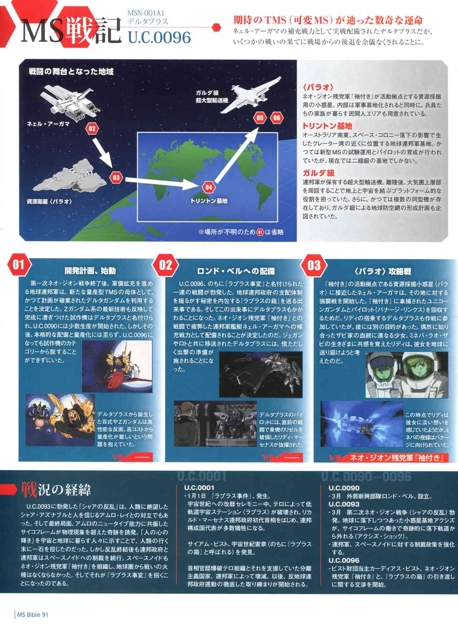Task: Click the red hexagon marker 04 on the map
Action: click(209, 187)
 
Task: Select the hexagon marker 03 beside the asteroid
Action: click(116, 177)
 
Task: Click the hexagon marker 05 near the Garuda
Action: click(260, 118)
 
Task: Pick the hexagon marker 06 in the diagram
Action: click(276, 118)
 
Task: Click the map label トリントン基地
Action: click(209, 201)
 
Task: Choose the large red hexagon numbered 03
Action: click(314, 265)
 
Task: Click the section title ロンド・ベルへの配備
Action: click(236, 271)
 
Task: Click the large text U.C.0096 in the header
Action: click(159, 37)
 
